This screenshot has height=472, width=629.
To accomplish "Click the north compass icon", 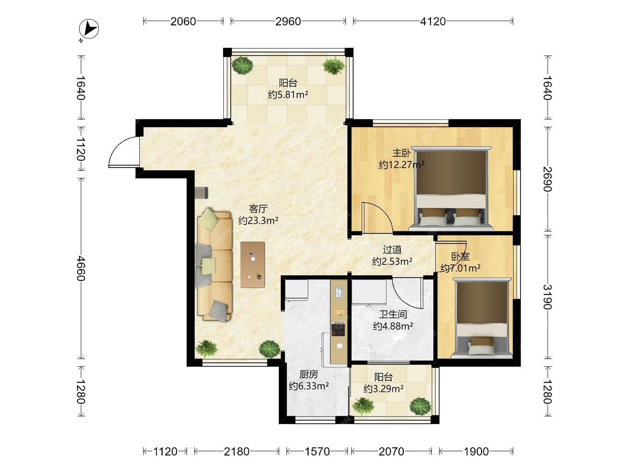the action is coord(89,29).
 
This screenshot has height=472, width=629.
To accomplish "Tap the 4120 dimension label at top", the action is coord(433,22).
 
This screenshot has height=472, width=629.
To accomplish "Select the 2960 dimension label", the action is coord(288,22).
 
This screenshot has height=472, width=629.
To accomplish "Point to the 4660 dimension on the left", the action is coord(81,268).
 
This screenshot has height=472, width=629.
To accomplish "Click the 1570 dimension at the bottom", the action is coord(317,452).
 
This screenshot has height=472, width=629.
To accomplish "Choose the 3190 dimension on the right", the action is coord(548,297).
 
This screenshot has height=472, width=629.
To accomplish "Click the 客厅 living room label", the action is coord(258,209).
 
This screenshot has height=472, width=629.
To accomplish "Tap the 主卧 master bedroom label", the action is coord(402,153).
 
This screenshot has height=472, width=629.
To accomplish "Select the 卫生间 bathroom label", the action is coord(393,314).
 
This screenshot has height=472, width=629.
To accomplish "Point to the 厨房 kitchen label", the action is coord(309,374).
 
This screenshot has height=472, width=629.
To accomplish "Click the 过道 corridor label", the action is coord(392,250).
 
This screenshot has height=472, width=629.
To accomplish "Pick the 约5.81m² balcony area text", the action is coord(288,95).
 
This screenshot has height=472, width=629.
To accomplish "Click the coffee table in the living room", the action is coord(253,265).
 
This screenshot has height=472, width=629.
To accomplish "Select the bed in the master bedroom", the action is coord(451,188).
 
